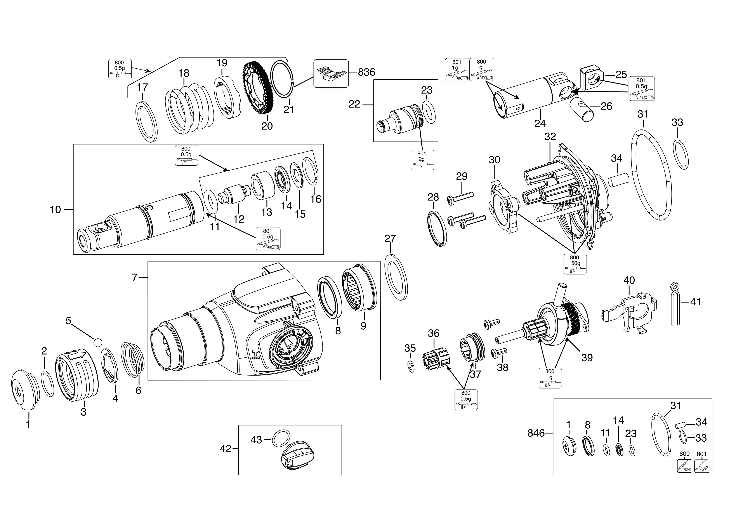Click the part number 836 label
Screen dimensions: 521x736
click(366, 72)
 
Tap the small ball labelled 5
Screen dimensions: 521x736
click(97, 342)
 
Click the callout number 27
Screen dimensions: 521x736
click(390, 238)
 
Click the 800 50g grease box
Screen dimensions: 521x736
click(575, 264)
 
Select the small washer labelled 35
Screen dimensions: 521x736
click(410, 366)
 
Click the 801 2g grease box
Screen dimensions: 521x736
click(422, 160)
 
